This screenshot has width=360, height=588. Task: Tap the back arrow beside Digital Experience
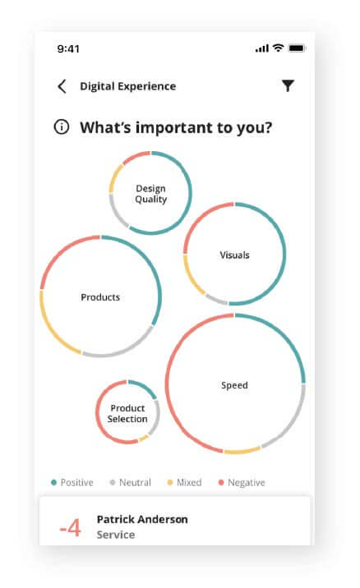click(62, 86)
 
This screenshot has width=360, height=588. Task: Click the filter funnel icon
click(288, 86)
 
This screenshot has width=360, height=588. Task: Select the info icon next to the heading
click(62, 126)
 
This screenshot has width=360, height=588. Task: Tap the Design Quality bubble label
click(151, 194)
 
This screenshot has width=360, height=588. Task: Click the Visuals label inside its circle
click(234, 255)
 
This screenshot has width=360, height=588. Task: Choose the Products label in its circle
click(100, 297)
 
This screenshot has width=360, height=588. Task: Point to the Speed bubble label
click(234, 385)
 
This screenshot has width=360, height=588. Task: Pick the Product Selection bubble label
click(127, 413)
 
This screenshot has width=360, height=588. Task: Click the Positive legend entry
click(72, 482)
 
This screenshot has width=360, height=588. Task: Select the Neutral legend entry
click(130, 482)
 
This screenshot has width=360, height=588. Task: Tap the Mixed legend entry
click(184, 482)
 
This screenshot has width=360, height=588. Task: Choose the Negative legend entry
click(242, 482)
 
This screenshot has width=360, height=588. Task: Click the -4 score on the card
click(70, 527)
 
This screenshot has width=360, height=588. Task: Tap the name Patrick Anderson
click(142, 519)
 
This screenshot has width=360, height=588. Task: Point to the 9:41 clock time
click(68, 48)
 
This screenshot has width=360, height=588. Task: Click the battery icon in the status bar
click(297, 48)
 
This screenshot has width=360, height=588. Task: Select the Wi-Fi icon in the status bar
click(278, 48)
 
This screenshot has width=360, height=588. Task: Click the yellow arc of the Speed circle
click(242, 450)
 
